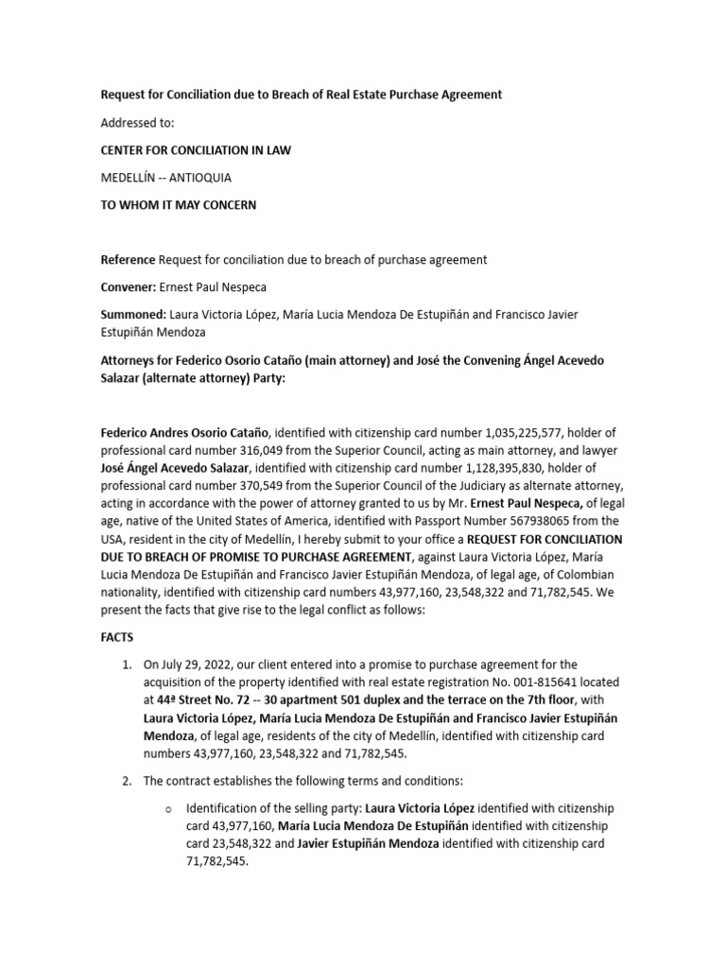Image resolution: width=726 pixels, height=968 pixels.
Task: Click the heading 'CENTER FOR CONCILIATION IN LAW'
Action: pyautogui.click(x=195, y=150)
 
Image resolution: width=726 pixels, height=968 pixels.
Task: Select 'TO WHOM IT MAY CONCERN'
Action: pyautogui.click(x=179, y=205)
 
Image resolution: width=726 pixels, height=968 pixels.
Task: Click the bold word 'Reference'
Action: pyautogui.click(x=128, y=259)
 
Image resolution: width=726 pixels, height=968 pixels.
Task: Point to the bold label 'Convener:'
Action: pyautogui.click(x=129, y=286)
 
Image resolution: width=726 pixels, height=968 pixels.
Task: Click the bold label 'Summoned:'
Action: pyautogui.click(x=133, y=314)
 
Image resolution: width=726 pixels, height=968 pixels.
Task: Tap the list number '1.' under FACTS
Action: pyautogui.click(x=128, y=665)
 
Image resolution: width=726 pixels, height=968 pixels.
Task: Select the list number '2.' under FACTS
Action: pyautogui.click(x=128, y=781)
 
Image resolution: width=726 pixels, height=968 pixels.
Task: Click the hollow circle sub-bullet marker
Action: pyautogui.click(x=167, y=809)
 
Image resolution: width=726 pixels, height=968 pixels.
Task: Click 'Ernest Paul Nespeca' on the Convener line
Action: pyautogui.click(x=222, y=286)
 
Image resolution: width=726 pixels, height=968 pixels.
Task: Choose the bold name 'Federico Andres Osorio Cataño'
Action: pyautogui.click(x=184, y=431)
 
